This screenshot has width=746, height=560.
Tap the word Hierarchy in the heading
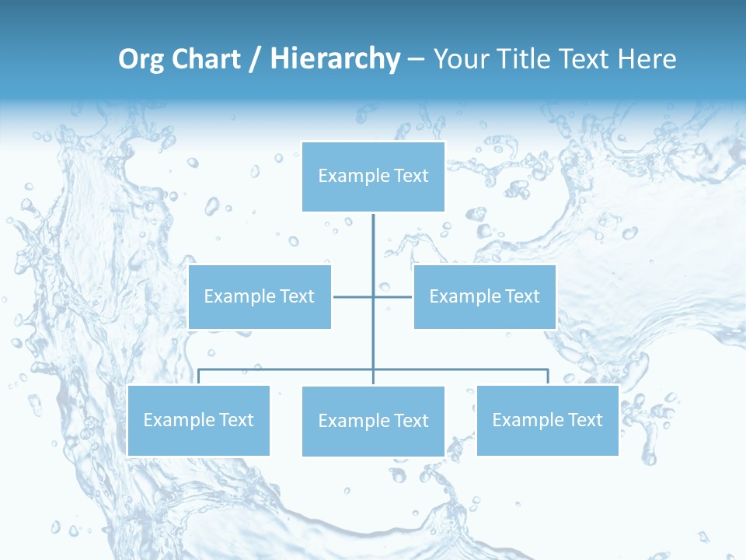pyautogui.click(x=335, y=59)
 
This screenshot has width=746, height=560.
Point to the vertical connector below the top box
pyautogui.click(x=373, y=249)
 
